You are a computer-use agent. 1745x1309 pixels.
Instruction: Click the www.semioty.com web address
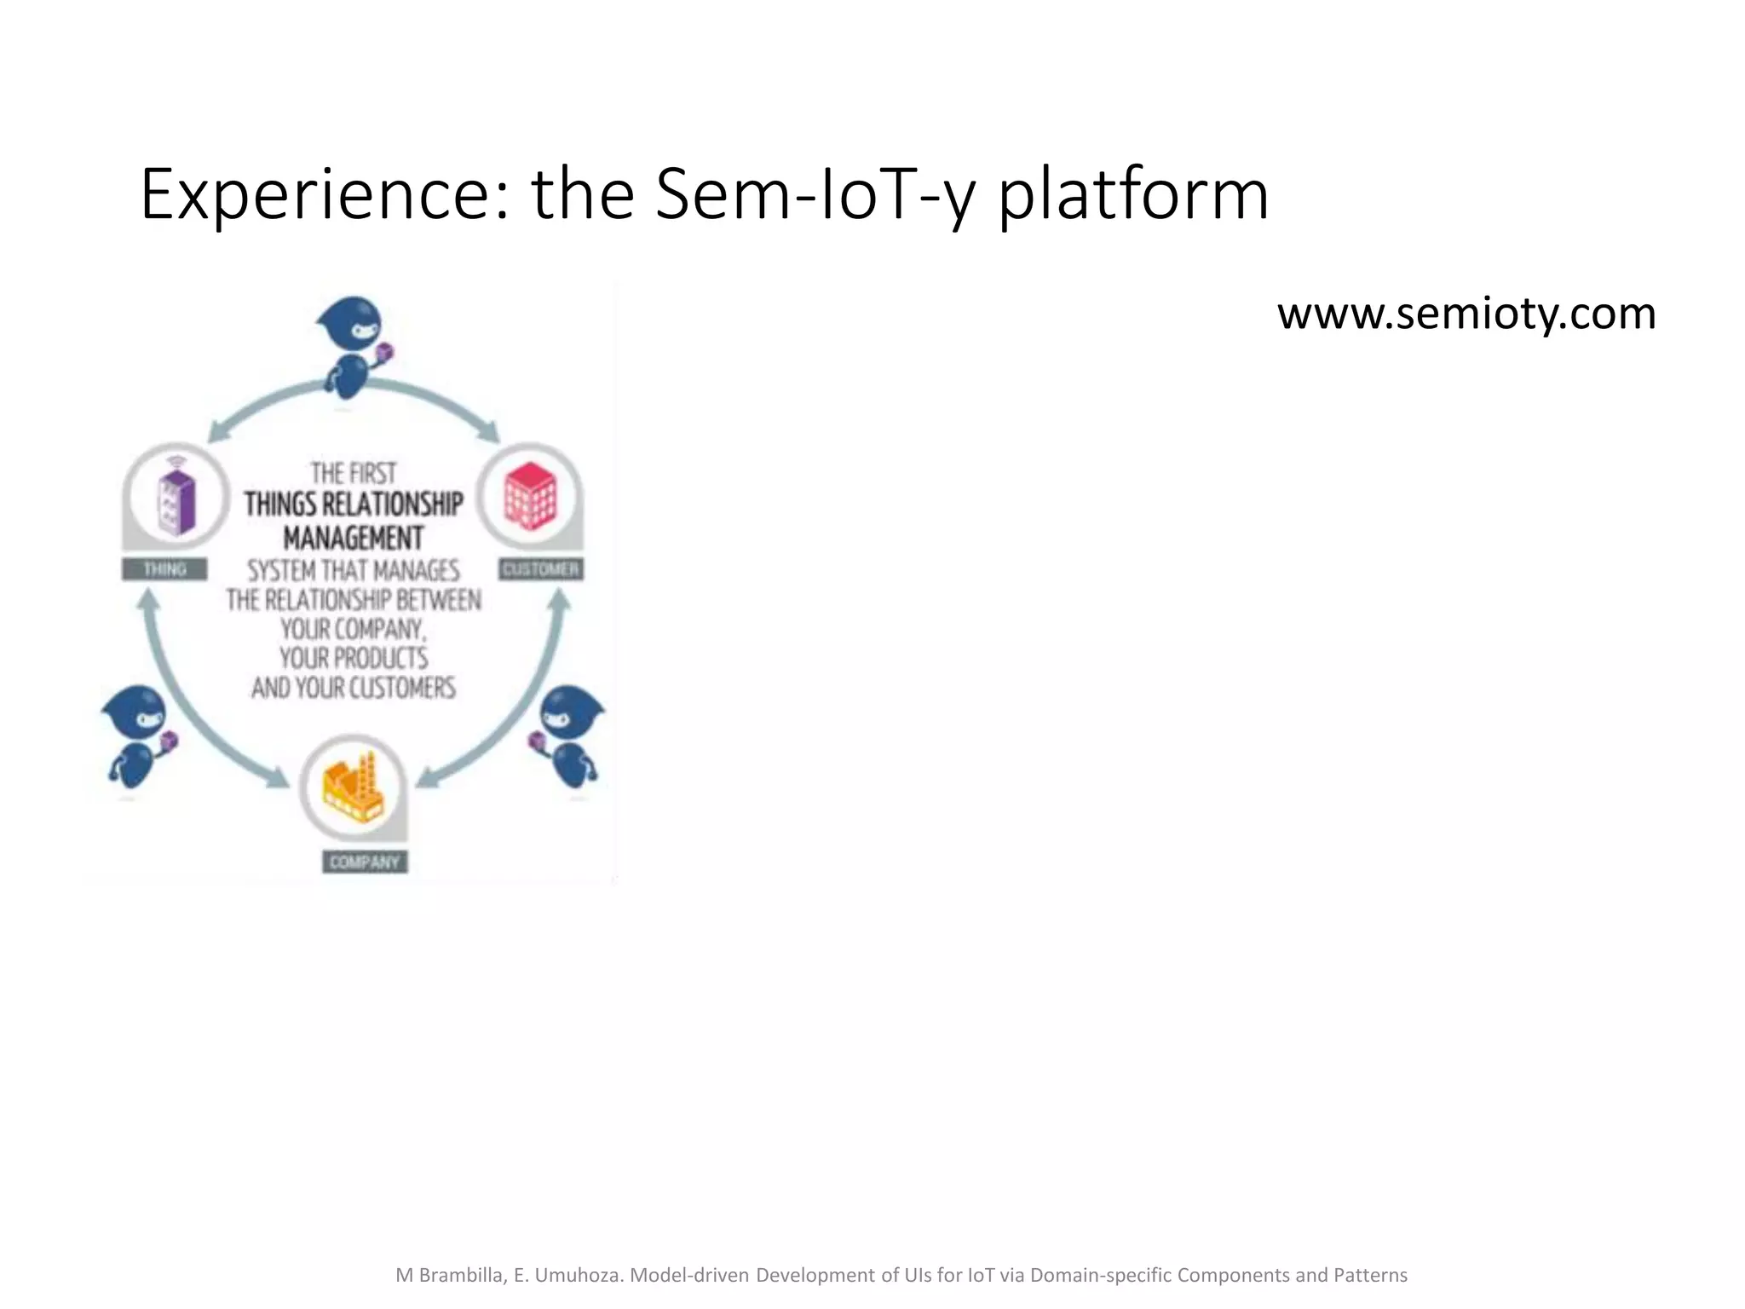(1466, 314)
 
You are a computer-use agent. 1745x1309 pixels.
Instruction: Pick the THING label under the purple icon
(164, 569)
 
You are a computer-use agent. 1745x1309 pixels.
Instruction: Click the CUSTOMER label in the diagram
(541, 569)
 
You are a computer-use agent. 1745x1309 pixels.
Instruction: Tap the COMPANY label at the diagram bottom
(365, 862)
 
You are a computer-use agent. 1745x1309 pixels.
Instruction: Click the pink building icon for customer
(530, 496)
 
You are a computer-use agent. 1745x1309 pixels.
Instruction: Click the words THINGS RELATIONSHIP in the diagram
(354, 504)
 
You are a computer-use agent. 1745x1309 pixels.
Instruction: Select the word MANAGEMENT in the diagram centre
(354, 539)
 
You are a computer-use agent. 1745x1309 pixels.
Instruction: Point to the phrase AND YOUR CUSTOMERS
(354, 687)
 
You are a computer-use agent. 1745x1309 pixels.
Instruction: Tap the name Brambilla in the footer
(464, 1275)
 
